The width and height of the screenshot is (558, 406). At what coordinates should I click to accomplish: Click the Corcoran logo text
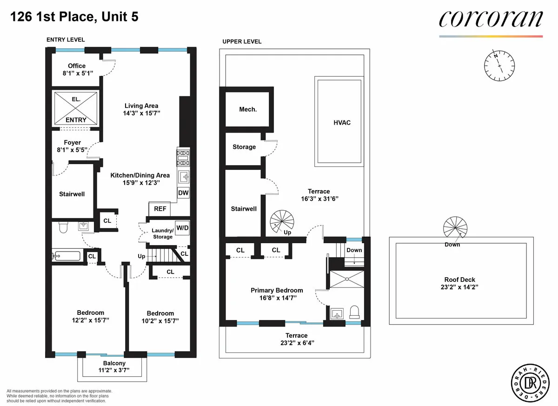click(491, 19)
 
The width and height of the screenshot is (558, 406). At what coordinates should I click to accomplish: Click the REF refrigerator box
click(160, 209)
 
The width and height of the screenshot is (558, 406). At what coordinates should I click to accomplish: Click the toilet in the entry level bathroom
click(64, 227)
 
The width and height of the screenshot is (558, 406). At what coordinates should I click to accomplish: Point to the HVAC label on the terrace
click(342, 123)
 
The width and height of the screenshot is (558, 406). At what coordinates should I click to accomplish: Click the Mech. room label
click(248, 109)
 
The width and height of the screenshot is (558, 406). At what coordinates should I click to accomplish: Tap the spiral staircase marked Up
click(283, 221)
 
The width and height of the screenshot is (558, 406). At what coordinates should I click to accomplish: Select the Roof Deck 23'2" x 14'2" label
click(459, 283)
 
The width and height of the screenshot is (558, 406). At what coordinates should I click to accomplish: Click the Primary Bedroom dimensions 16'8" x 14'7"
click(277, 298)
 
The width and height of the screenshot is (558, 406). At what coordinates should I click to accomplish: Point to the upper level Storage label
click(244, 147)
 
